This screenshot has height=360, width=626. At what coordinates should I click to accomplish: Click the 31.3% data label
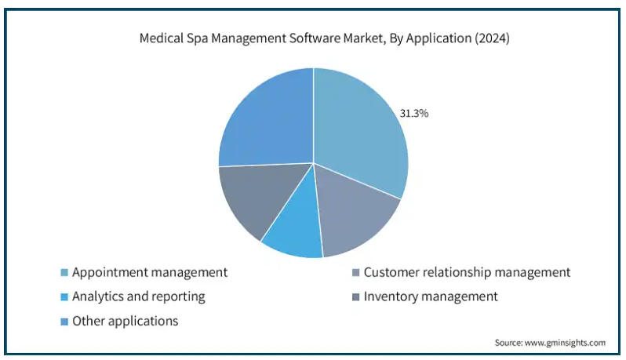pyautogui.click(x=414, y=114)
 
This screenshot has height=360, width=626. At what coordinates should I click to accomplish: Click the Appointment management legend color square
pyautogui.click(x=64, y=273)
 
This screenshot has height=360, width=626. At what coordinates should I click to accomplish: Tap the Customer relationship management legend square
pyautogui.click(x=355, y=273)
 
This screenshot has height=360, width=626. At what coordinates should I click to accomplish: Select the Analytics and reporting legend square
pyautogui.click(x=64, y=297)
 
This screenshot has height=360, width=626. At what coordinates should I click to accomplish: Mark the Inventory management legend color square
pyautogui.click(x=355, y=297)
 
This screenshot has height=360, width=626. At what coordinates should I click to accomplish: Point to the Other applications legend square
pyautogui.click(x=64, y=322)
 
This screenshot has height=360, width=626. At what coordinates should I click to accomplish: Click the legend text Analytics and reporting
pyautogui.click(x=139, y=297)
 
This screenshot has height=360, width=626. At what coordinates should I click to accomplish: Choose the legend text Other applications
pyautogui.click(x=125, y=322)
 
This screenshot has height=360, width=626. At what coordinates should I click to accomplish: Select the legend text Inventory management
pyautogui.click(x=431, y=297)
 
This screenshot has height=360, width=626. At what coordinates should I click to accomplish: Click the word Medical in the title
pyautogui.click(x=158, y=38)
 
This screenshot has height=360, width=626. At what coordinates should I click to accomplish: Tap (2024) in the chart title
pyautogui.click(x=492, y=38)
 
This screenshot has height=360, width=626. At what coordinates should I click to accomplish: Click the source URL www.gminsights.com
pyautogui.click(x=565, y=343)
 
